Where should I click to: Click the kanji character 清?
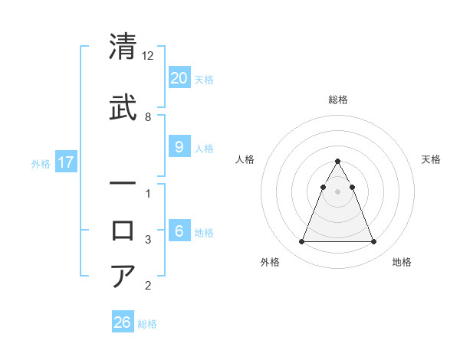[123, 47]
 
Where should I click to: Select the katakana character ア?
[123, 276]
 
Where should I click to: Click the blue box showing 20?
[179, 77]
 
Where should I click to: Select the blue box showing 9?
[179, 147]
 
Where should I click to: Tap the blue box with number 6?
[179, 231]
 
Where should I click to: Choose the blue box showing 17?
[65, 162]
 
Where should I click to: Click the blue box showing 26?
[123, 322]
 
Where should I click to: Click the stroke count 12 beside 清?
[148, 56]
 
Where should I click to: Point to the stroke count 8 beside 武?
[148, 116]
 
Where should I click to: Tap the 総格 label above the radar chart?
[338, 100]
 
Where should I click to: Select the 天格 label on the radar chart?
[431, 159]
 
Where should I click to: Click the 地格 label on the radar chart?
[402, 263]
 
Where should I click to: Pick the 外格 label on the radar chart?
[270, 263]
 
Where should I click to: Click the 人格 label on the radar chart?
[245, 159]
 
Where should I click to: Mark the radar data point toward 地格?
[373, 242]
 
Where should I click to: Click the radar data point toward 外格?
[301, 242]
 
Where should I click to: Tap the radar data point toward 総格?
[337, 162]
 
